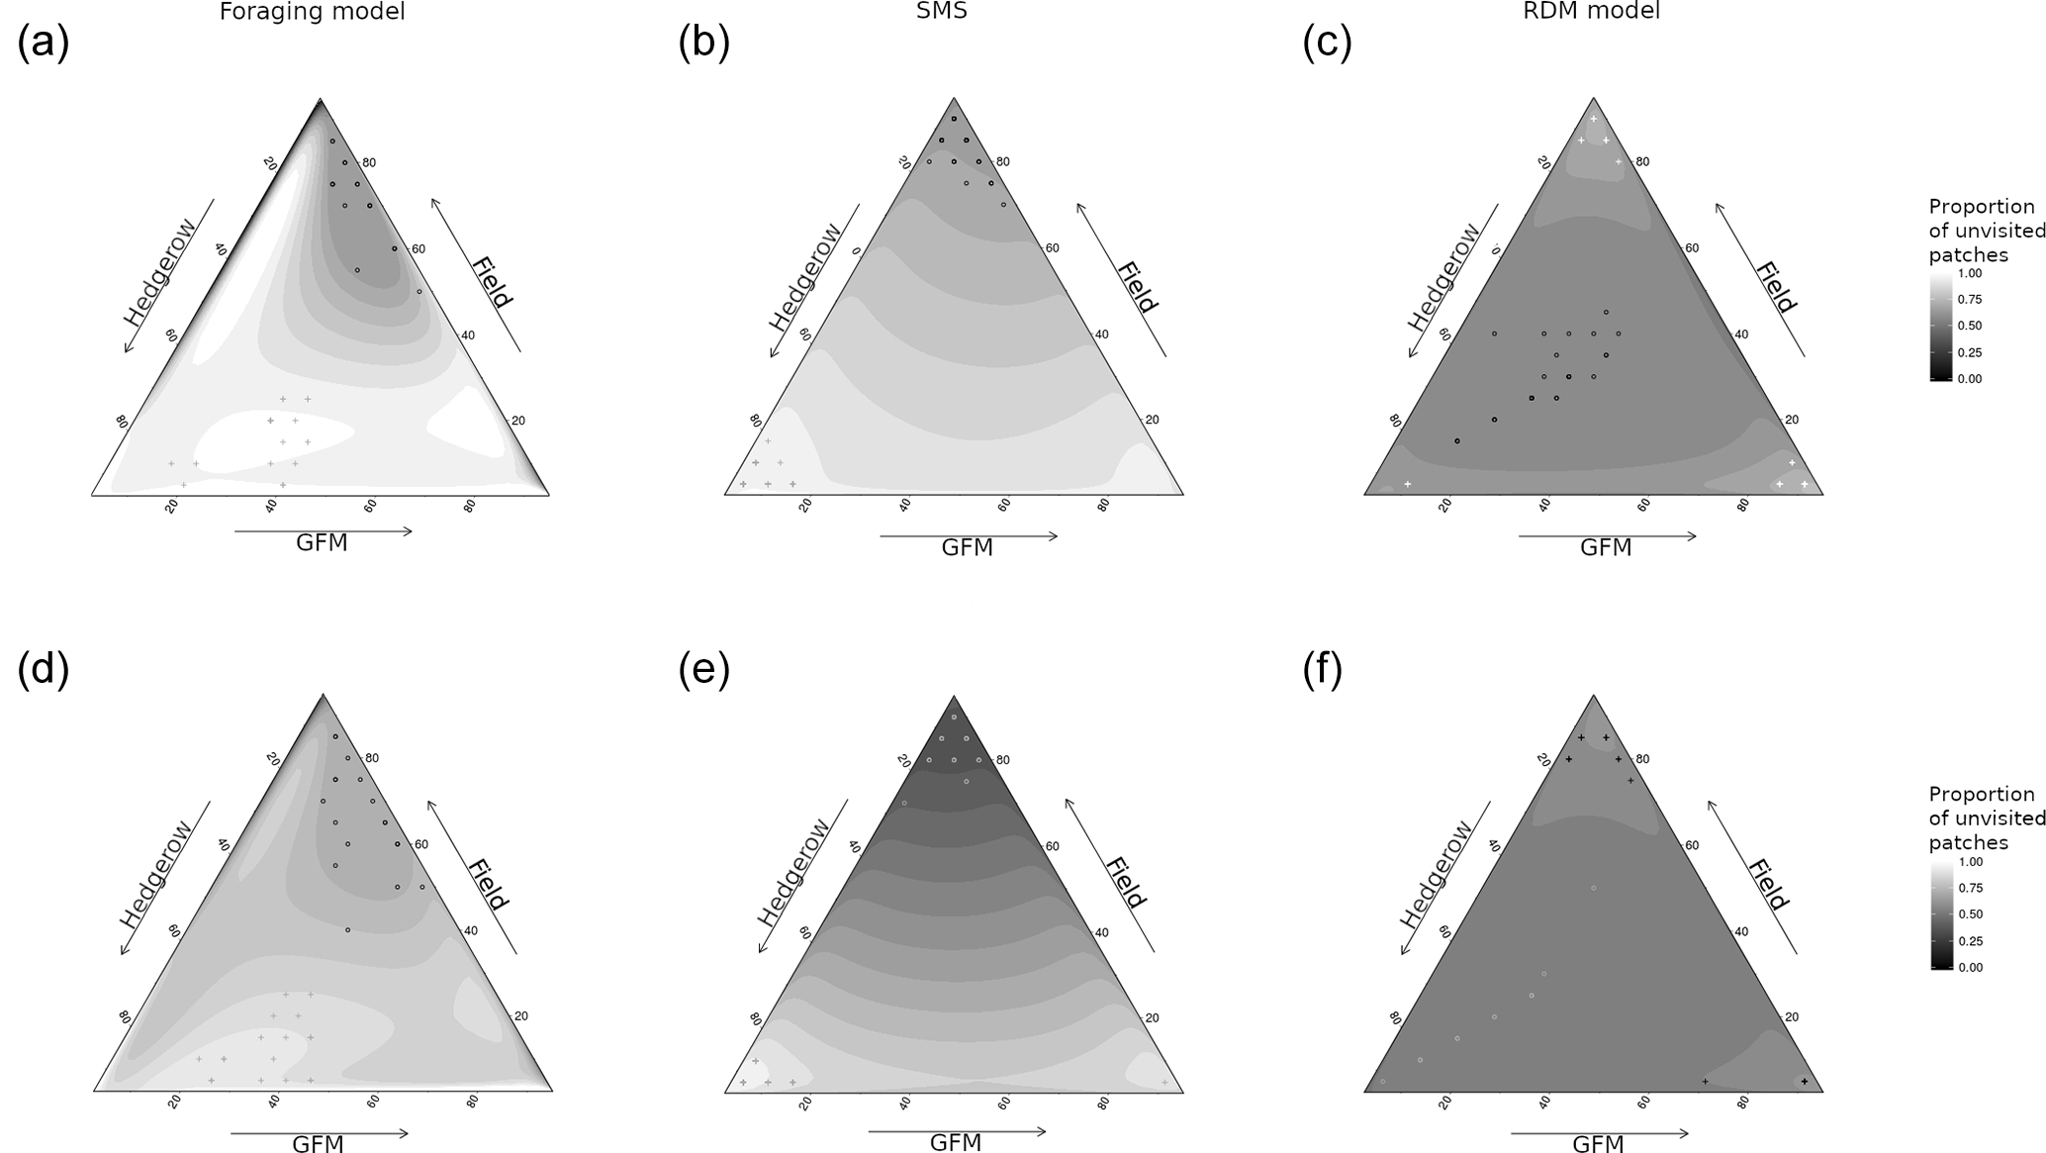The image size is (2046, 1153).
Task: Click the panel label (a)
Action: click(x=43, y=45)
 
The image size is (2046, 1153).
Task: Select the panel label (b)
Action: click(x=703, y=45)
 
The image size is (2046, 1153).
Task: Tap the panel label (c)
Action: click(x=1327, y=45)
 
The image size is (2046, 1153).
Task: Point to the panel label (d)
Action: click(x=43, y=670)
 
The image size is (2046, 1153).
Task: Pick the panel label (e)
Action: click(x=703, y=670)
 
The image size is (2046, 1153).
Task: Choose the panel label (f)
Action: click(x=1323, y=670)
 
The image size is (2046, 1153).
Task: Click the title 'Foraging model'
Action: click(x=312, y=12)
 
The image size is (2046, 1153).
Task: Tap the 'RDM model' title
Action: click(x=1593, y=11)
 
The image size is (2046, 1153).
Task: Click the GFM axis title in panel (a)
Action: click(x=322, y=543)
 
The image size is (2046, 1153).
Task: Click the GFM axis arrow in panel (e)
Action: click(x=957, y=1131)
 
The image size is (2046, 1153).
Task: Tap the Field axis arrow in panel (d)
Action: click(x=473, y=877)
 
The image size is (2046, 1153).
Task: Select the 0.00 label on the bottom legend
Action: click(x=1970, y=967)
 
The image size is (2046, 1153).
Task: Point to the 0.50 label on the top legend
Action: click(x=1969, y=326)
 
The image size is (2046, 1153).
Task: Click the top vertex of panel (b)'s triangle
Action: click(x=954, y=98)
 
